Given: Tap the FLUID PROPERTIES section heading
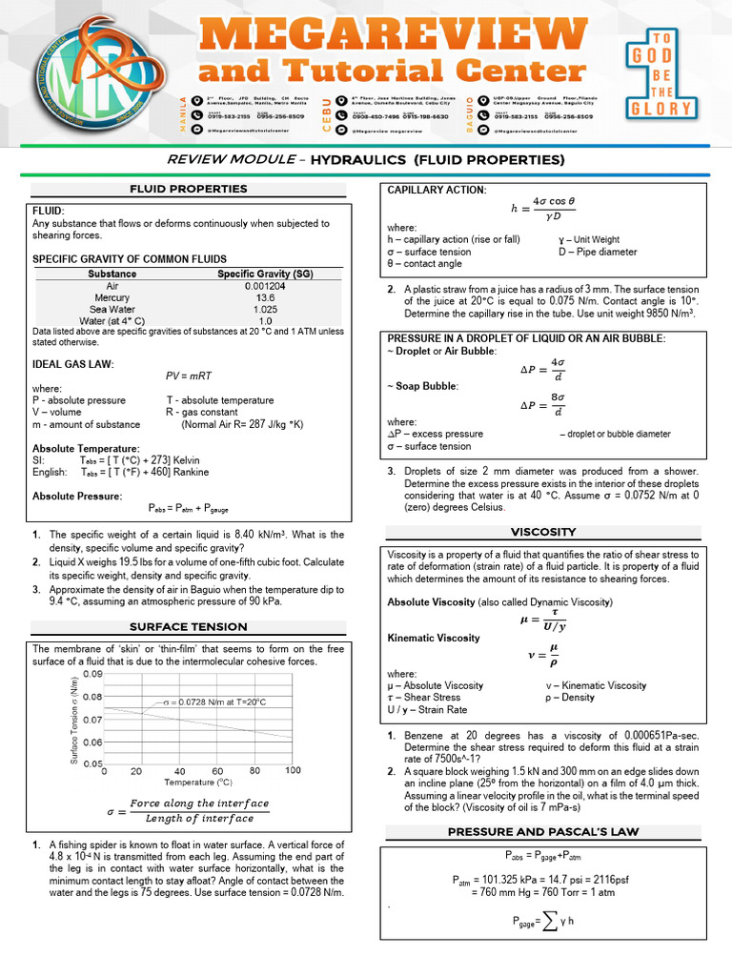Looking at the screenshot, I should (x=189, y=189).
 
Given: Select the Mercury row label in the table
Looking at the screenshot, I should (x=113, y=297).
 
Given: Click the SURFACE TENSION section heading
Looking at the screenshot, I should (x=189, y=626).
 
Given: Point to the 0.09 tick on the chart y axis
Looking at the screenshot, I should (x=92, y=674).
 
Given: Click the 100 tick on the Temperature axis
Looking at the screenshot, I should (x=293, y=771).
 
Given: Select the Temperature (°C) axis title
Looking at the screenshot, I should (x=197, y=782).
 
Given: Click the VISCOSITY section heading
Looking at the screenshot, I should (x=543, y=531).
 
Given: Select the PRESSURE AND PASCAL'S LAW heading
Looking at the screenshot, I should (x=543, y=832).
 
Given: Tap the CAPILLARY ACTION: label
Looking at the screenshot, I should (x=437, y=191).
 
